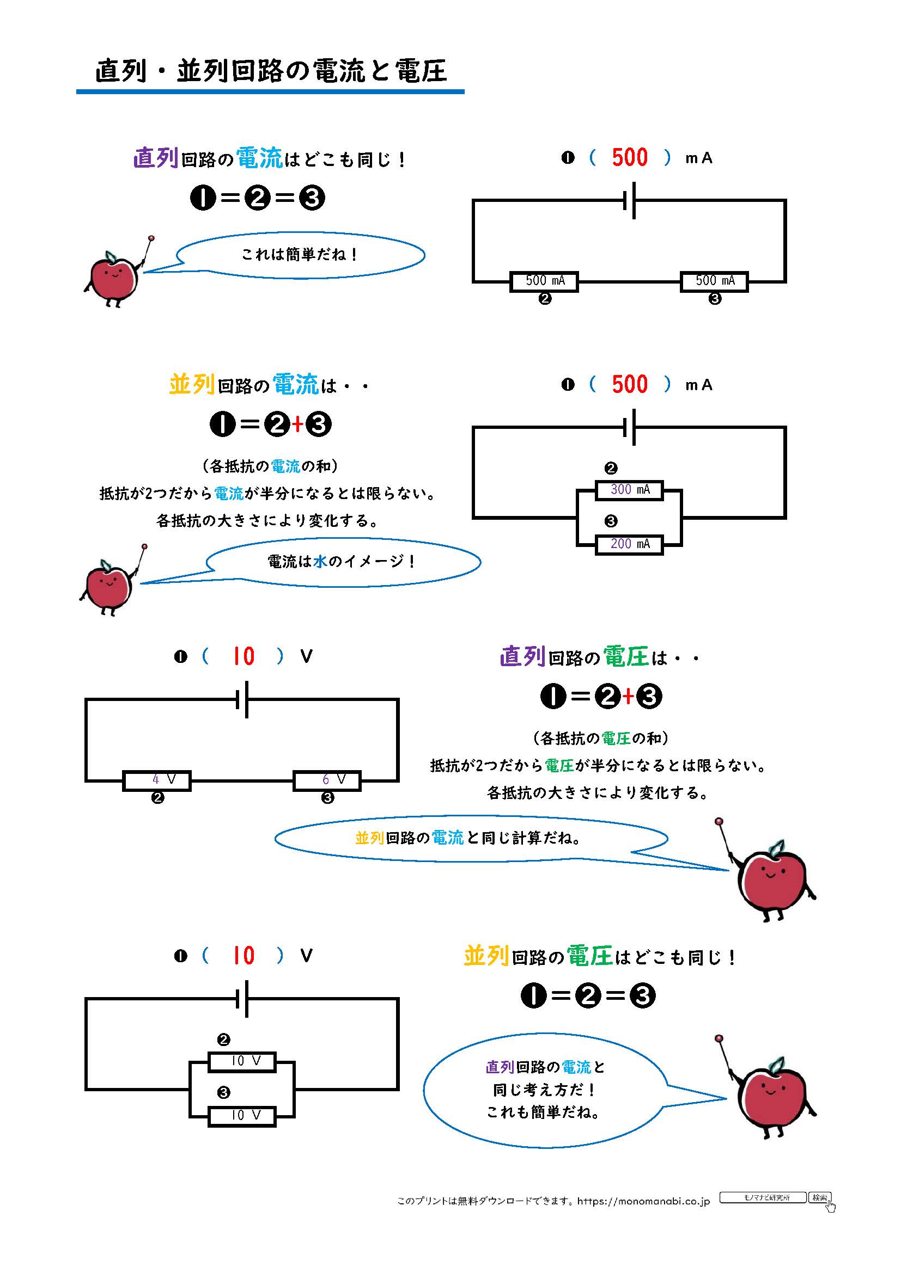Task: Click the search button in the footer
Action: tap(819, 1197)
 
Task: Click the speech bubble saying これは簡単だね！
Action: tap(300, 255)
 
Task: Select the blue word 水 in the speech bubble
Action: tap(320, 562)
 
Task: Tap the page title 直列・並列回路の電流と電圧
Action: tap(271, 71)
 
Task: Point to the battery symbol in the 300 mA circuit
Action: tap(630, 427)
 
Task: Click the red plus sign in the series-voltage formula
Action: tap(628, 697)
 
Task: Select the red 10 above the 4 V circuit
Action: tap(243, 656)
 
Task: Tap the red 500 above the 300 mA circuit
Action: tap(630, 384)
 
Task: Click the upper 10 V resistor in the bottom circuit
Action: tap(242, 1061)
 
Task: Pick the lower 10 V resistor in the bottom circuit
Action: tap(242, 1116)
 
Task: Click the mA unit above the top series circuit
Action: tap(698, 158)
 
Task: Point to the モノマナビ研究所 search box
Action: tap(763, 1197)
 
